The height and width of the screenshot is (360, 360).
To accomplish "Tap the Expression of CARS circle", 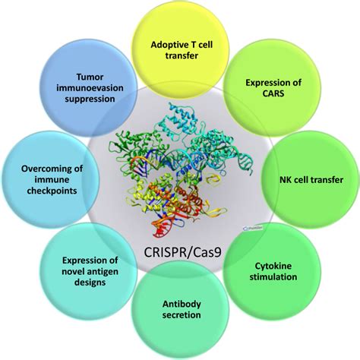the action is point(272,87).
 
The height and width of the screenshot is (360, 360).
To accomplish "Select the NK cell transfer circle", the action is point(311,179).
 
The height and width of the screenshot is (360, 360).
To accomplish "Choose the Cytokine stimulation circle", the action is point(272,271).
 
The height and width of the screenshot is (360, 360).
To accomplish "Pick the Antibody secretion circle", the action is point(180,310).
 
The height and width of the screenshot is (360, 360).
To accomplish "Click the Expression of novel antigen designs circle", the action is point(89,271).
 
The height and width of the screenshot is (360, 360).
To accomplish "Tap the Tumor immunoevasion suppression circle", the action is point(89,87).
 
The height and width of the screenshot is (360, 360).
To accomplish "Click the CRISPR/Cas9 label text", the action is point(182,252).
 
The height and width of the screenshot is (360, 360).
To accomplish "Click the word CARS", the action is point(273,93).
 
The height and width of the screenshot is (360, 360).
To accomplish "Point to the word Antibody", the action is point(182,304).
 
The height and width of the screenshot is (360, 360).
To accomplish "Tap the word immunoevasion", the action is point(90,88).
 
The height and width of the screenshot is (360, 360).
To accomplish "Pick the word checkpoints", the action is point(52,191).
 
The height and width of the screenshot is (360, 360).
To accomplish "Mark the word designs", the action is point(90,283).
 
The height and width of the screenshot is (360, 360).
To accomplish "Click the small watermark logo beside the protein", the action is point(253,229).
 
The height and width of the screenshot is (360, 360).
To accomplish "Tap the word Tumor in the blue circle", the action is point(90,77).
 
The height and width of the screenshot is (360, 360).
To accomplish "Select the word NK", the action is point(286,180).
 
